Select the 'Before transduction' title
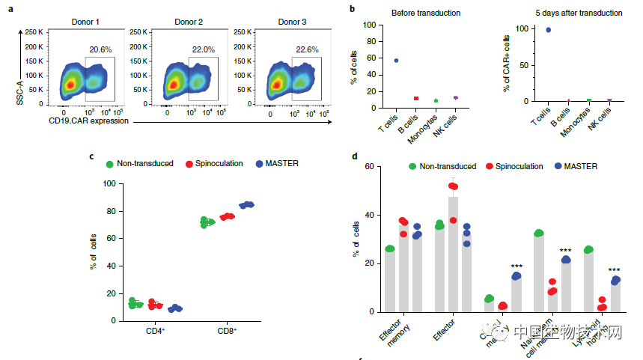(421, 13)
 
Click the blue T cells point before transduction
(396, 61)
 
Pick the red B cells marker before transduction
(416, 98)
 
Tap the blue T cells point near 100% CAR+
(549, 30)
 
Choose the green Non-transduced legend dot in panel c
(110, 162)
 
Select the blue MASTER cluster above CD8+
(246, 204)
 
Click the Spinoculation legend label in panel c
(217, 162)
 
